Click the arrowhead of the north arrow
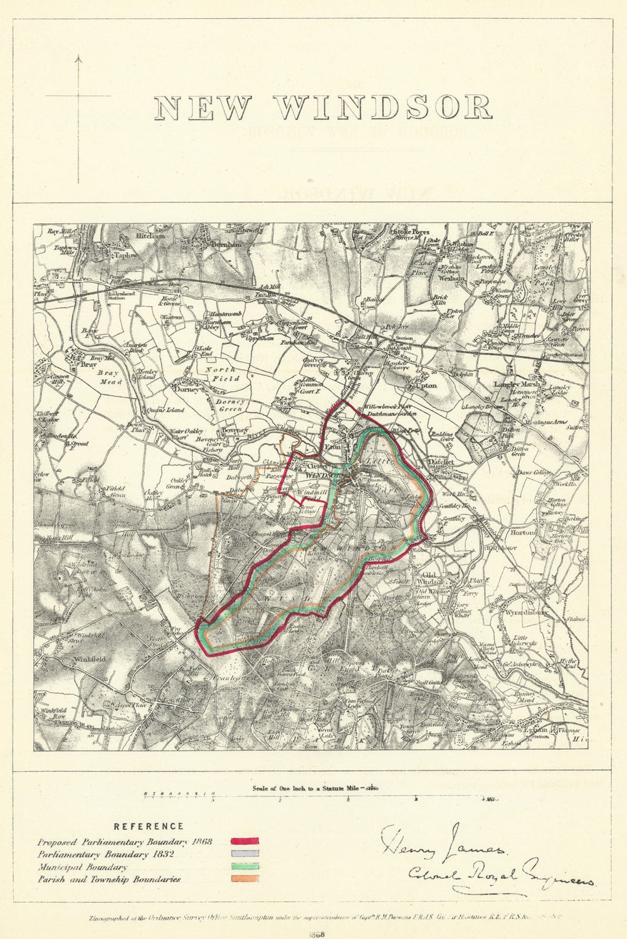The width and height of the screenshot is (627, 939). pos(78,59)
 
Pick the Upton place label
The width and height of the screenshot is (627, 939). pos(426,386)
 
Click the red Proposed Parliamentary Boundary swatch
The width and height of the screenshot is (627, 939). pos(245,842)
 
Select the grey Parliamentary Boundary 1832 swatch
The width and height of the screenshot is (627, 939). pos(245,854)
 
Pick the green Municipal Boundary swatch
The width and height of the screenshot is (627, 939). pos(245,866)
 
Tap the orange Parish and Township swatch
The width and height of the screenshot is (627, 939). pos(245,879)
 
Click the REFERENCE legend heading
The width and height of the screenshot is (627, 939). pos(149,827)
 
